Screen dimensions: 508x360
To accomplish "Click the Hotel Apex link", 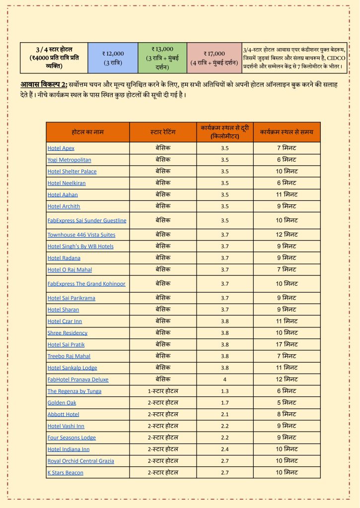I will (61, 148).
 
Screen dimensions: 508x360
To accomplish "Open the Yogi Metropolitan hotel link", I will (70, 160).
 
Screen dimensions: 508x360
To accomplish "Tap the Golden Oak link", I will (62, 402).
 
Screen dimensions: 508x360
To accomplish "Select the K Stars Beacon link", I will (66, 472).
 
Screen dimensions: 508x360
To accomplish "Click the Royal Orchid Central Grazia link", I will (81, 461).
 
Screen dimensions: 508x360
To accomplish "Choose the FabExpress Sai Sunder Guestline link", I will (87, 220).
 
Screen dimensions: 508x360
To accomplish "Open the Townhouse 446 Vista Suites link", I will (81, 235).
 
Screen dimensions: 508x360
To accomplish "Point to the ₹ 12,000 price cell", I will (113, 58).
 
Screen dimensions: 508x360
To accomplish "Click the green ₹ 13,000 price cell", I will (162, 58).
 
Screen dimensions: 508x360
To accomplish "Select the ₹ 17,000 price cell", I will (215, 58).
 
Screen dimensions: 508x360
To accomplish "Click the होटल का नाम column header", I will (87, 132).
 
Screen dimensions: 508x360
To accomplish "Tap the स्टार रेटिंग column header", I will (163, 132).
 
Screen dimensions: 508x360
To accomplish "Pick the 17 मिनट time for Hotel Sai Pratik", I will (287, 344).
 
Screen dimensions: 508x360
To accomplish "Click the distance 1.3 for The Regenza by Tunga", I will (224, 391).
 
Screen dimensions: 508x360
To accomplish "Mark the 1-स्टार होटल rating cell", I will (163, 391).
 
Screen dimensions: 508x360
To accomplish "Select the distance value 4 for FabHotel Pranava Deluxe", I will (224, 380).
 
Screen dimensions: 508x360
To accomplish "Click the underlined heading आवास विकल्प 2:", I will (44, 83).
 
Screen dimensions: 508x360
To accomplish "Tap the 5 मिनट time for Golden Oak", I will (287, 402).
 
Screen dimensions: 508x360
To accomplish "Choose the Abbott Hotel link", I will (64, 414).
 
